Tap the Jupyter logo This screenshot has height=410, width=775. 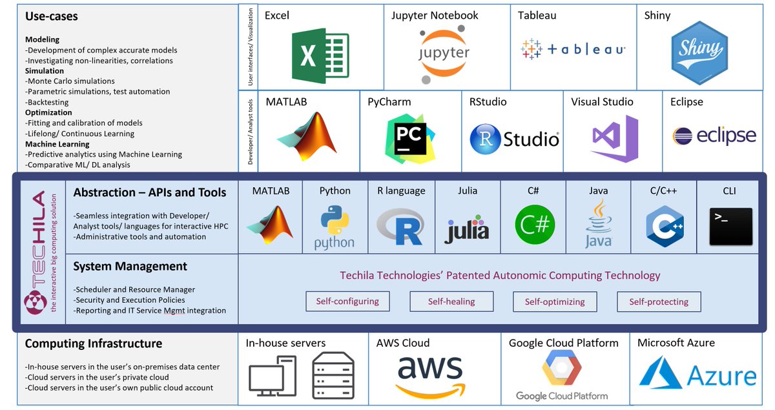[x=442, y=54]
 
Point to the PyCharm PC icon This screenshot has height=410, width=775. [x=410, y=138]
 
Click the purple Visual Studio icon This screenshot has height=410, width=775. [x=614, y=138]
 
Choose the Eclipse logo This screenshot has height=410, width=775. [x=714, y=136]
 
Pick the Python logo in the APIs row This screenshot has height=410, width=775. [x=335, y=227]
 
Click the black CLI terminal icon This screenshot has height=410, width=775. [x=730, y=226]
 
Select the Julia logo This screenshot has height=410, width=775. [x=466, y=229]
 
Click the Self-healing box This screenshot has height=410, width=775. [x=451, y=302]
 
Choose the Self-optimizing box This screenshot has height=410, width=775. [x=555, y=302]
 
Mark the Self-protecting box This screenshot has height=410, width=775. [x=659, y=302]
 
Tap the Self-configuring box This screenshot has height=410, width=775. [x=347, y=301]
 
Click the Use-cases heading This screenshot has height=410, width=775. [x=52, y=17]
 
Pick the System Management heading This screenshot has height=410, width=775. [x=130, y=266]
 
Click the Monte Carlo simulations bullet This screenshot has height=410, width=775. [x=71, y=81]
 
